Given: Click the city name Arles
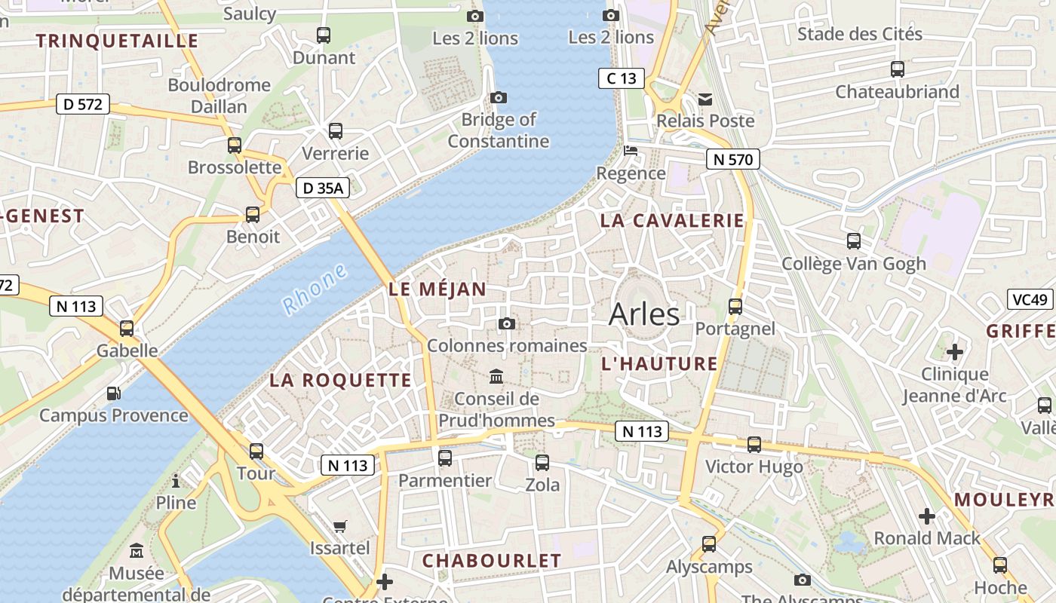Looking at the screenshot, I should (643, 314).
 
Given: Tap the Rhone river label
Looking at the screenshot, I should (315, 289).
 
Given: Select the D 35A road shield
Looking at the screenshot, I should (323, 188).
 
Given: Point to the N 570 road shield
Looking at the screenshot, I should (732, 159).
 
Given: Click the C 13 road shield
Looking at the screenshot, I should (622, 78).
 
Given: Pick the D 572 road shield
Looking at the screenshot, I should (83, 104).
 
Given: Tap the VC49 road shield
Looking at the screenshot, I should (1030, 299).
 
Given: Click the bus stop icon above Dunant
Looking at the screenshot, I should (324, 35).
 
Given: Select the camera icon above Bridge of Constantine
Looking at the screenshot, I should (498, 97).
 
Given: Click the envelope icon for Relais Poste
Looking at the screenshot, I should (705, 99).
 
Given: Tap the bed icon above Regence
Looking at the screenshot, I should (631, 151).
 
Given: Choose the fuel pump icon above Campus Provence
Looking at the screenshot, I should (113, 393).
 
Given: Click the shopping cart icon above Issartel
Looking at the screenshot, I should (340, 525).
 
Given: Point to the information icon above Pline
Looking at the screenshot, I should (176, 481).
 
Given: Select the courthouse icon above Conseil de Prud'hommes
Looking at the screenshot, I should (496, 376).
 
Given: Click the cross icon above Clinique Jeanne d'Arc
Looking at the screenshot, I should (955, 352).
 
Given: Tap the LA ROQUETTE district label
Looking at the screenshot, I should (341, 381).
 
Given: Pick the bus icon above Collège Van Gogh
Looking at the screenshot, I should (853, 241).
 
